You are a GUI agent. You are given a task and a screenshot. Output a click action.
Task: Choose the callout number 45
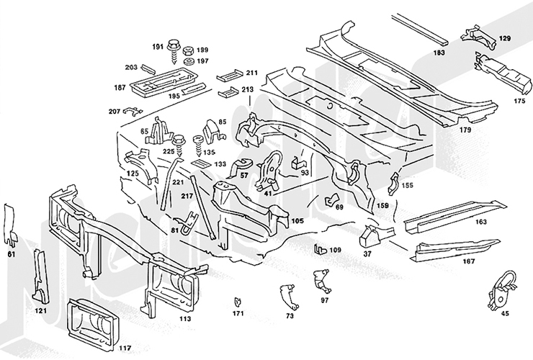[x=504, y=313]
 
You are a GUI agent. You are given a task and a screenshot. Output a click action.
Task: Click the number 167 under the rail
[x=469, y=261]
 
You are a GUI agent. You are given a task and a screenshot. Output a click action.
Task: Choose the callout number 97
[x=325, y=300]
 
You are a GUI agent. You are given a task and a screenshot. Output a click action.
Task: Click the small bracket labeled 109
[x=320, y=249]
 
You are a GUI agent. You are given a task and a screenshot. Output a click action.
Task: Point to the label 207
[x=115, y=112]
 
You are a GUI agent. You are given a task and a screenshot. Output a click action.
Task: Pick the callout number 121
[x=41, y=311]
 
